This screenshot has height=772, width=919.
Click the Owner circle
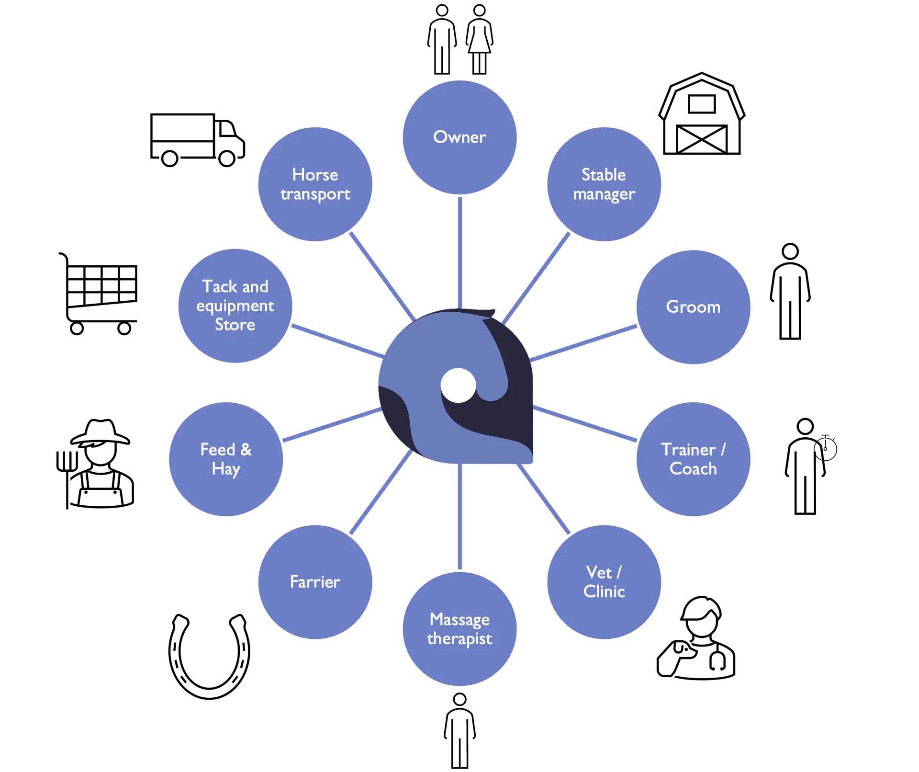459,137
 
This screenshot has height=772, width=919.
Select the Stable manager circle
604,184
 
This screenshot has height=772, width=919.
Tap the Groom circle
693,307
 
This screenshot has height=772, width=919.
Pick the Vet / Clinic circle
604,582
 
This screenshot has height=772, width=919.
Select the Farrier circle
315,582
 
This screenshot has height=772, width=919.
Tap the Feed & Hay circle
226,459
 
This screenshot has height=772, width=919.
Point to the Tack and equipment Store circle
235,306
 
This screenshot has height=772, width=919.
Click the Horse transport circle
315,184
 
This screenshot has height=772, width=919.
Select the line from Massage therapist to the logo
459,517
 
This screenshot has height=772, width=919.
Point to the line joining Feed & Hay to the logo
333,424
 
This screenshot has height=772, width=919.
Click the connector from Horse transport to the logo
381,277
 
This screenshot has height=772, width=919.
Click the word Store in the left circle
235,325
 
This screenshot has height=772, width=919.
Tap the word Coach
693,469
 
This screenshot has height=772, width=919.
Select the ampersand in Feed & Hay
246,450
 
